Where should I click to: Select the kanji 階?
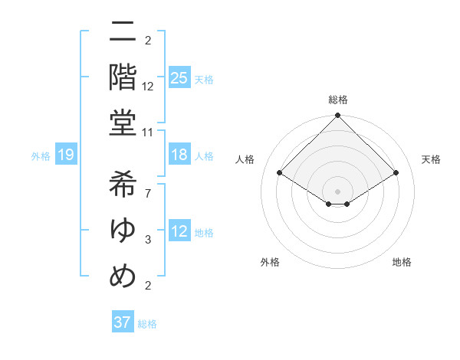[123, 77]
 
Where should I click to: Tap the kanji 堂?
[123, 123]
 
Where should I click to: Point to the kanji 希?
[123, 183]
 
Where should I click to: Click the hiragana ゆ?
[123, 229]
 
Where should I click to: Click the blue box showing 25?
[179, 77]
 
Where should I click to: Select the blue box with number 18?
[179, 154]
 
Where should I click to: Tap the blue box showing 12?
[179, 231]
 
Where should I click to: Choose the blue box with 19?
[65, 155]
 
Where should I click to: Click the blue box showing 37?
[122, 322]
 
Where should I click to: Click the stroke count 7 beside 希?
[147, 192]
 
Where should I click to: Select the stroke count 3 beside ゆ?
[147, 239]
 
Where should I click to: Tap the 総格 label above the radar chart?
[337, 100]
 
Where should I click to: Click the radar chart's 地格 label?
[402, 262]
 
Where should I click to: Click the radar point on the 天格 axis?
[396, 172]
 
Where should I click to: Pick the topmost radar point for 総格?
[337, 116]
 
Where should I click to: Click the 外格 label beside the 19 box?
[41, 156]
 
